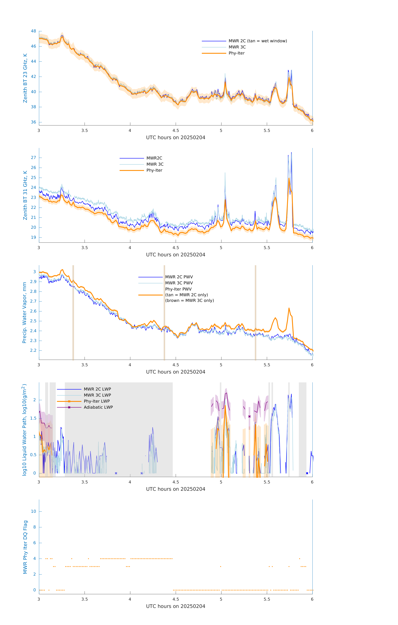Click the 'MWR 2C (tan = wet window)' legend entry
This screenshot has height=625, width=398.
(257, 41)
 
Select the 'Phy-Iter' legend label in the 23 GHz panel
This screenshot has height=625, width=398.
(237, 53)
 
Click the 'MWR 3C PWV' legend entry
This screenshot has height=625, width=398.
(179, 283)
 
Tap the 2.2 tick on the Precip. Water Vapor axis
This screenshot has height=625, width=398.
(33, 350)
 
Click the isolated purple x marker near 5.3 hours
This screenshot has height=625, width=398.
(249, 417)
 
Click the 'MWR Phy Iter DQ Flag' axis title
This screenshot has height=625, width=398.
(25, 547)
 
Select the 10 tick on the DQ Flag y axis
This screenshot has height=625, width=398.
(33, 511)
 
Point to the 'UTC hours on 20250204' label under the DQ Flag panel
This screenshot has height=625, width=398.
(176, 606)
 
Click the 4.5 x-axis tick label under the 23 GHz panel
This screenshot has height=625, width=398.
(176, 131)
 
